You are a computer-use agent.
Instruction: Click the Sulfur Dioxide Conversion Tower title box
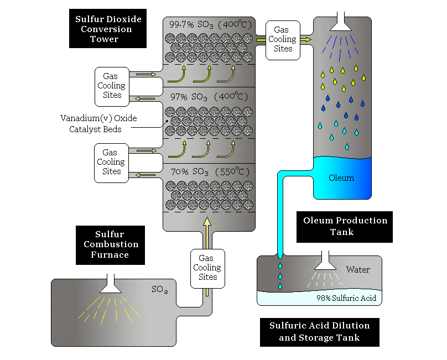click(x=108, y=29)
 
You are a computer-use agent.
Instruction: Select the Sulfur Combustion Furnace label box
click(x=110, y=245)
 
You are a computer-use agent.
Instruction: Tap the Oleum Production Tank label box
click(x=345, y=226)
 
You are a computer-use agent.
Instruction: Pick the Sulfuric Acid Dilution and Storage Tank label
click(x=319, y=332)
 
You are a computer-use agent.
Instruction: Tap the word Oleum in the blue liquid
click(x=341, y=178)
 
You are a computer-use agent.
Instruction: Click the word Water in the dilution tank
click(x=358, y=270)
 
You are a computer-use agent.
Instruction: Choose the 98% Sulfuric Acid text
click(x=346, y=299)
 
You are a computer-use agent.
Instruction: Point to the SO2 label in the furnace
click(x=160, y=289)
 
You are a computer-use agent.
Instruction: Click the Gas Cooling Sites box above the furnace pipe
click(x=207, y=268)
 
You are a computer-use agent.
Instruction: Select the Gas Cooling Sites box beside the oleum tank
click(x=283, y=40)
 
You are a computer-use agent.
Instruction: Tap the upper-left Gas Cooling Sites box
click(x=112, y=86)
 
